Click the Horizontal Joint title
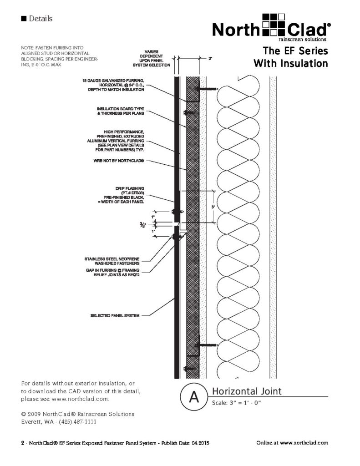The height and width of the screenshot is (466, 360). (247, 391)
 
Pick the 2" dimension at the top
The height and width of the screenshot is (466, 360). (210, 58)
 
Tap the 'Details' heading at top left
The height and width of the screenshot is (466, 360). (40, 19)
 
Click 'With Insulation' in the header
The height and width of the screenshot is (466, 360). (290, 63)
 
